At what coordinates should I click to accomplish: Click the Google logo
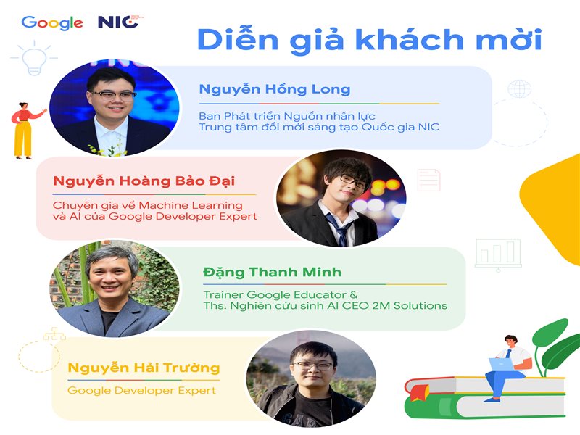tap(52, 23)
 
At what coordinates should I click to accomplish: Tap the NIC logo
tap(120, 22)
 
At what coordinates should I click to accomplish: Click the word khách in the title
tap(410, 39)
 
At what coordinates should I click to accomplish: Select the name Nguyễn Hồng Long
tap(275, 89)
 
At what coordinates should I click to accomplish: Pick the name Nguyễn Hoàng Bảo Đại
tap(144, 181)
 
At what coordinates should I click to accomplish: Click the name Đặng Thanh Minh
tap(273, 273)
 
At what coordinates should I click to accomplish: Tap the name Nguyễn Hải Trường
tap(144, 368)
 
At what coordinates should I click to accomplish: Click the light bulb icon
tap(34, 58)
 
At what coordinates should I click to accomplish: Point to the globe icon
tap(519, 88)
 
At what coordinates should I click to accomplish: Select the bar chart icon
tap(498, 254)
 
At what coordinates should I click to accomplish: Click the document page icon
tap(429, 180)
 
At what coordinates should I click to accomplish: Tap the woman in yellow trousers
tap(25, 130)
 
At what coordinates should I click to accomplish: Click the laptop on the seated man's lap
tap(502, 364)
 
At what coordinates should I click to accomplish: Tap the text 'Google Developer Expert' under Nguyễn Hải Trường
tap(141, 391)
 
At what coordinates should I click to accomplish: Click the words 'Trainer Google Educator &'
tap(281, 295)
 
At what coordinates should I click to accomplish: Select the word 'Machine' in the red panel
tap(165, 205)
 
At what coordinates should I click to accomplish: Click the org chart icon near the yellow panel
tap(54, 333)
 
